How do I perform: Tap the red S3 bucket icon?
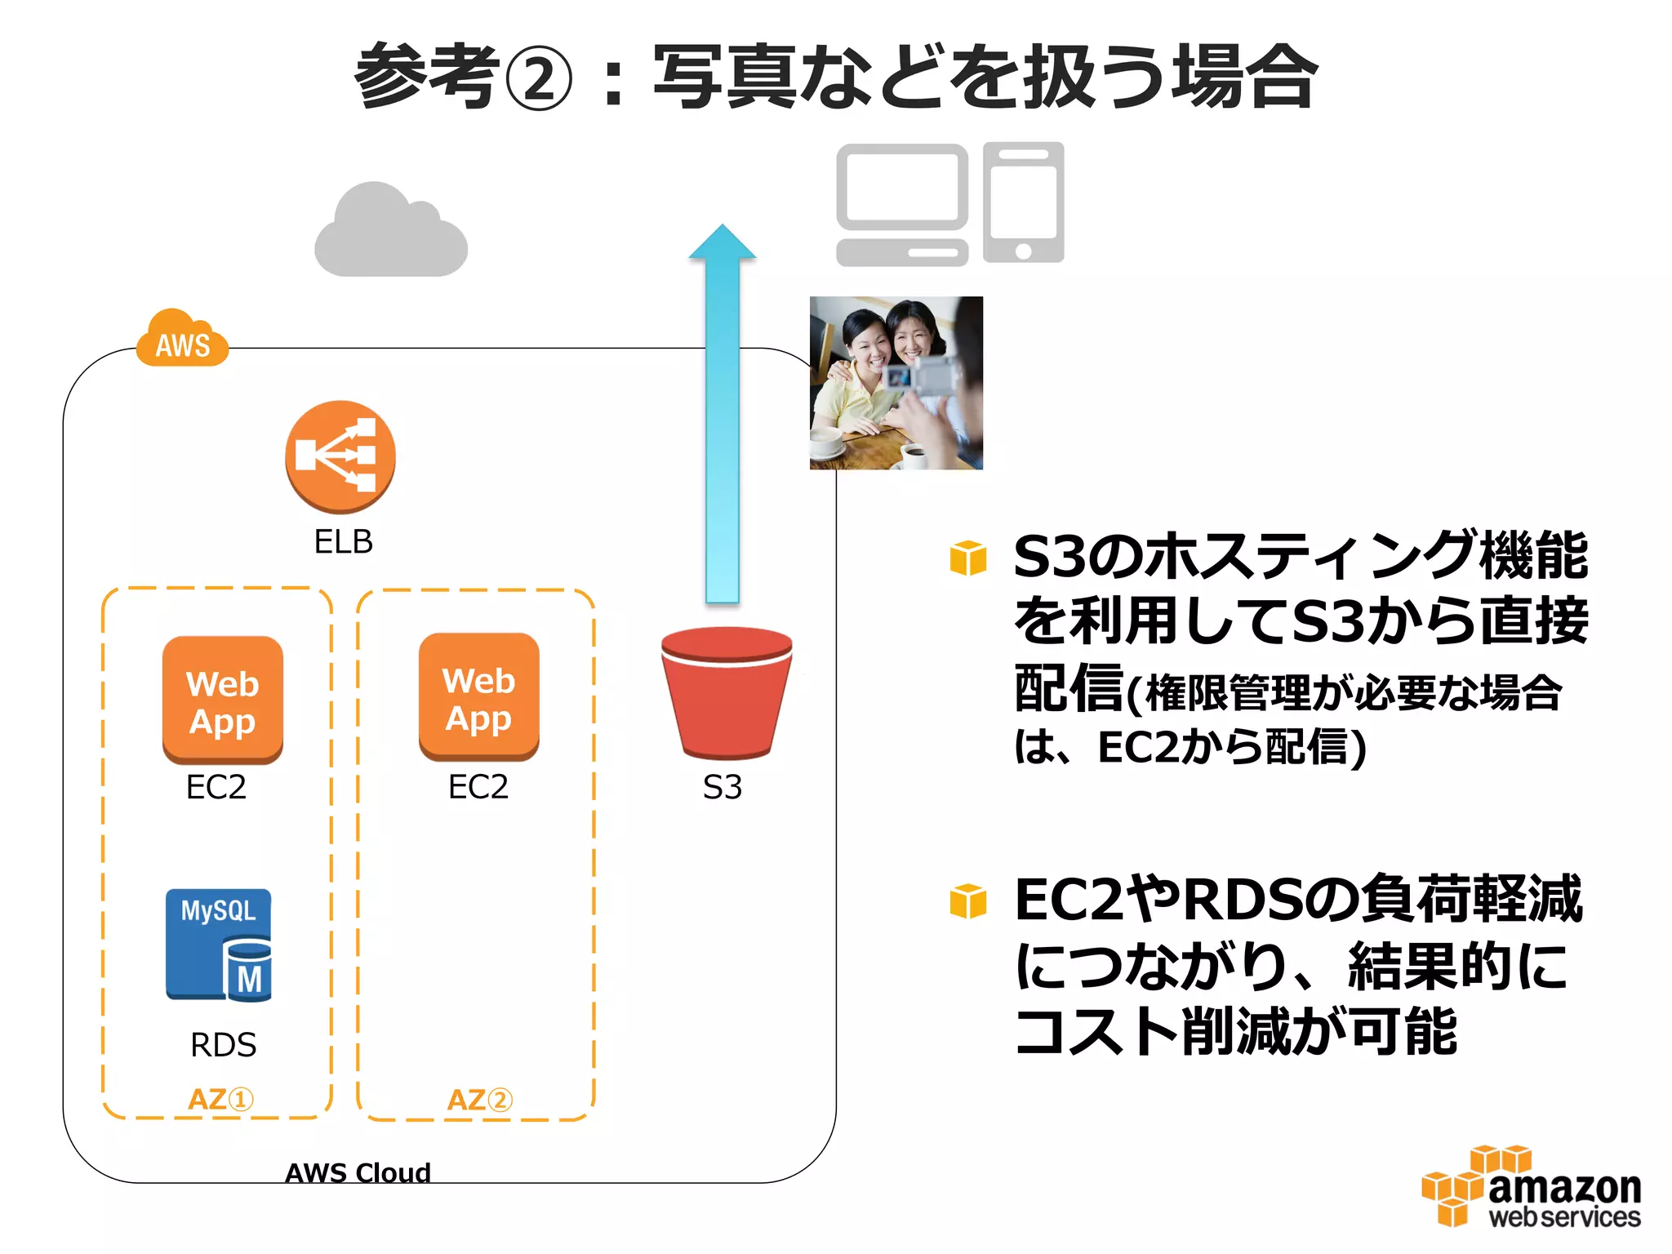pyautogui.click(x=726, y=693)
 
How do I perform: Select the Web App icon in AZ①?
pyautogui.click(x=223, y=700)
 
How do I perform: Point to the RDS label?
pyautogui.click(x=223, y=1045)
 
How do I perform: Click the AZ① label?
pyautogui.click(x=220, y=1099)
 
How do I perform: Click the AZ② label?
pyautogui.click(x=479, y=1100)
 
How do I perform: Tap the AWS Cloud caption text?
pyautogui.click(x=358, y=1172)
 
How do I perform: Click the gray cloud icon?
pyautogui.click(x=390, y=232)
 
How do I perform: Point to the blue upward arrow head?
pyautogui.click(x=722, y=242)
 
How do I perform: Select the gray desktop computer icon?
pyautogui.click(x=901, y=204)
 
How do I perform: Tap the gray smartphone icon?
pyautogui.click(x=1023, y=202)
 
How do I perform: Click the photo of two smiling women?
pyautogui.click(x=896, y=382)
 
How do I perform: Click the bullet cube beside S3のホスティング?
pyautogui.click(x=968, y=558)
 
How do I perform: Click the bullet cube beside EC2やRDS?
pyautogui.click(x=968, y=901)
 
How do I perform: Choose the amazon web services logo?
pyautogui.click(x=1531, y=1187)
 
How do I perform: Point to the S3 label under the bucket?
pyautogui.click(x=723, y=787)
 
